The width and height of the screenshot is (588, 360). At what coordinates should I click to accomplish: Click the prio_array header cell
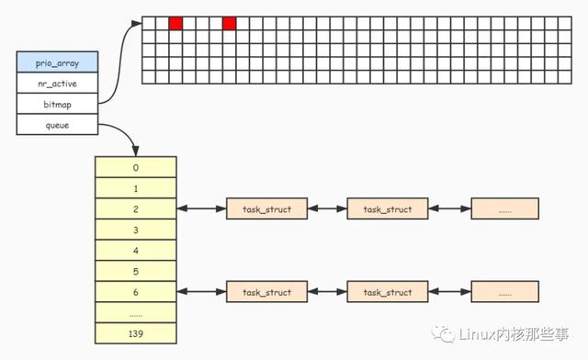tap(56, 62)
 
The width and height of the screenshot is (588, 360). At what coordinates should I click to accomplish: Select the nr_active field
tap(56, 84)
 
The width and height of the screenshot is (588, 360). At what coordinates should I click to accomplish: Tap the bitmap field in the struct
tap(56, 105)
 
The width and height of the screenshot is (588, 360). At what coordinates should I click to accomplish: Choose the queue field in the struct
tap(56, 125)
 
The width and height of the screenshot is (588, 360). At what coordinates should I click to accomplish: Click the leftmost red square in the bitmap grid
tap(176, 23)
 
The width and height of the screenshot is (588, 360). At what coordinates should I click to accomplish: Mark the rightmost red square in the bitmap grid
tap(230, 23)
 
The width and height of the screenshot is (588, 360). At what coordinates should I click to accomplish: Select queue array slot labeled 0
tap(135, 167)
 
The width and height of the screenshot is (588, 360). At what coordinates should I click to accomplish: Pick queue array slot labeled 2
tap(135, 209)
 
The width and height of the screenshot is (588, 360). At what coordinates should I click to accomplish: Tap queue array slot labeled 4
tap(135, 251)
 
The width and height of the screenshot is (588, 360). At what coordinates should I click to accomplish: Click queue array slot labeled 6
tap(135, 292)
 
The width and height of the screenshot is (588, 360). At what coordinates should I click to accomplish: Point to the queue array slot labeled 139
tap(135, 333)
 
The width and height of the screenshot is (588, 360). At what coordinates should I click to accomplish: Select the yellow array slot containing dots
tap(135, 313)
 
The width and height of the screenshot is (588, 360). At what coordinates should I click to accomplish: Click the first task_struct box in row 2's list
tap(266, 209)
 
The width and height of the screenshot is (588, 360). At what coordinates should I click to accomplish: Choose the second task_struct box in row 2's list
tap(387, 209)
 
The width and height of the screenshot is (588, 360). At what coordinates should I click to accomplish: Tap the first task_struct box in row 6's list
tap(266, 292)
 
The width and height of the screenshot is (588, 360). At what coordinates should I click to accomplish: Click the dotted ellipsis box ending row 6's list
tap(504, 292)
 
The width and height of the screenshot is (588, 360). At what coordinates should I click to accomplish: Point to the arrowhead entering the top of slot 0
tap(136, 152)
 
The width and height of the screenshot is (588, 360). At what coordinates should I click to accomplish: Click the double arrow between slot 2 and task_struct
tap(201, 209)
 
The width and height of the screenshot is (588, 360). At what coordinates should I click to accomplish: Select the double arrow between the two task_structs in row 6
tap(326, 292)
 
